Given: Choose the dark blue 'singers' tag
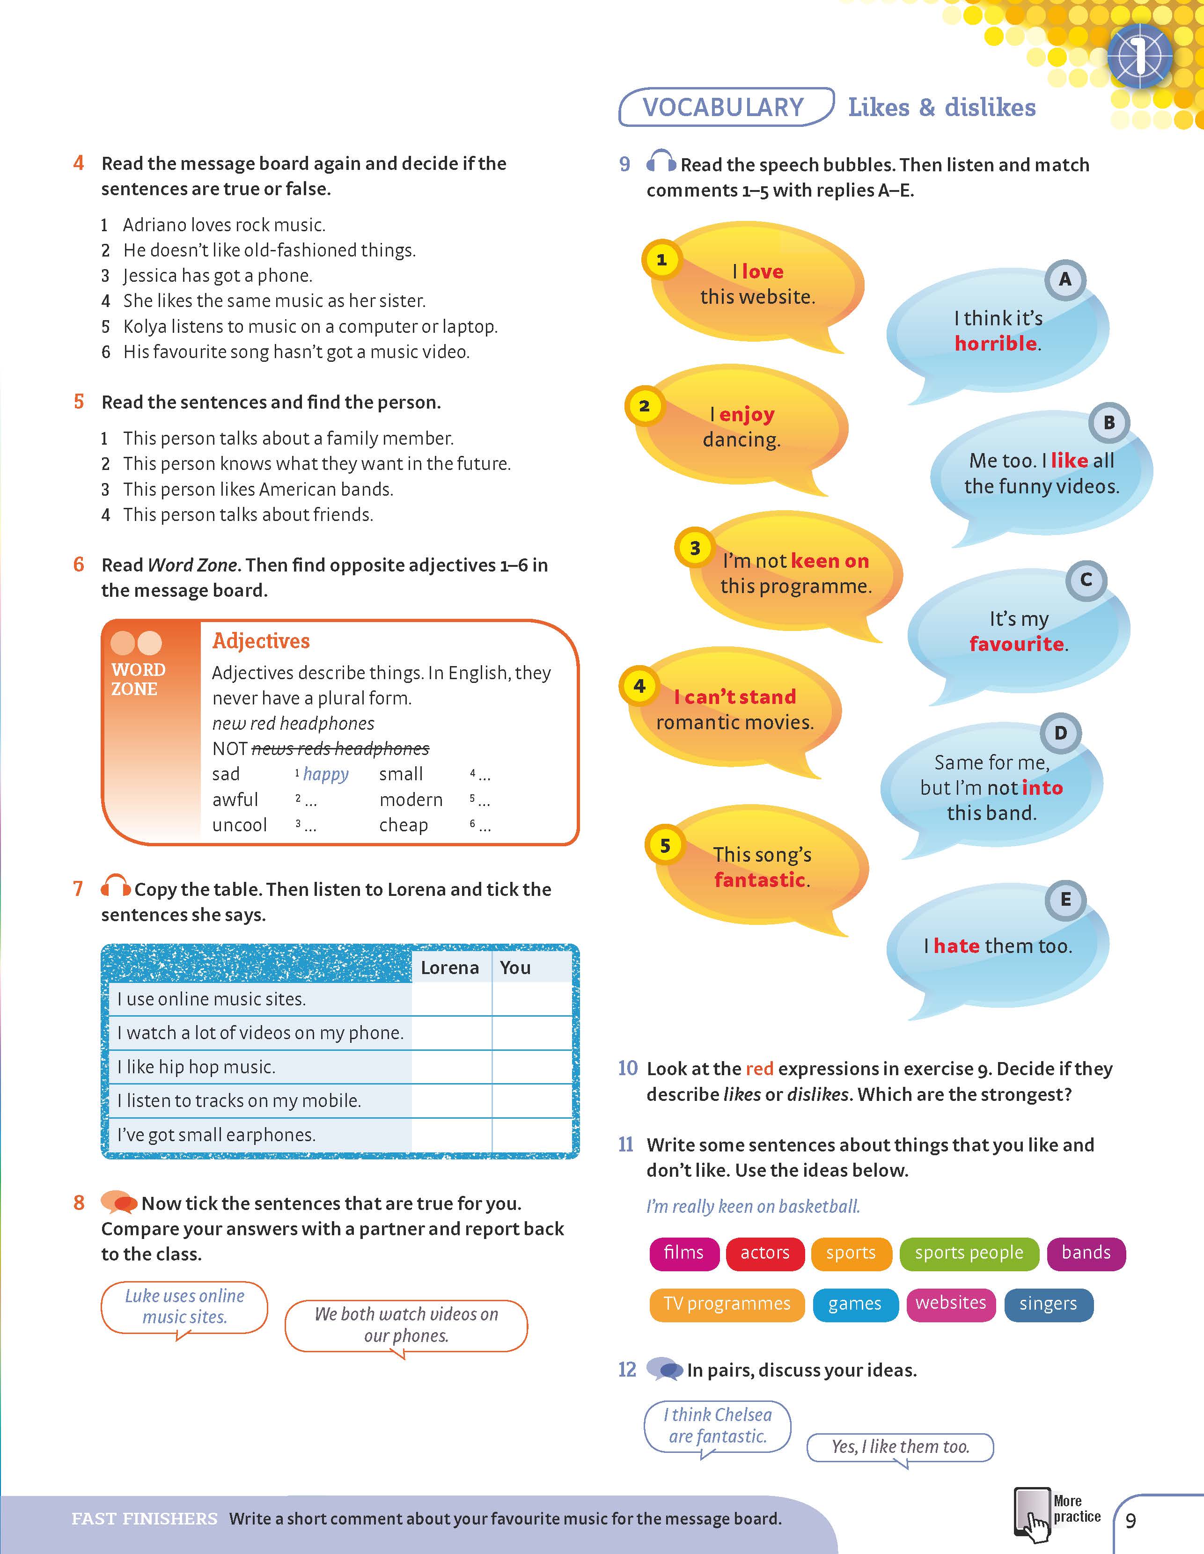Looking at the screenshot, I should pyautogui.click(x=1048, y=1304).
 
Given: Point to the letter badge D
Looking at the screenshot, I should pyautogui.click(x=1060, y=733).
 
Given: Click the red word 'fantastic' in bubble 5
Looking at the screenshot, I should pyautogui.click(x=760, y=880).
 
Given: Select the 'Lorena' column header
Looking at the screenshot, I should pyautogui.click(x=450, y=968).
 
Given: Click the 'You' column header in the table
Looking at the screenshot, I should pyautogui.click(x=515, y=968).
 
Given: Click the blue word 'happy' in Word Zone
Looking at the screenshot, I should pyautogui.click(x=325, y=774).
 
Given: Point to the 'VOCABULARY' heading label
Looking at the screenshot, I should pyautogui.click(x=723, y=108).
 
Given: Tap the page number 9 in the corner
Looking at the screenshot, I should pyautogui.click(x=1131, y=1521).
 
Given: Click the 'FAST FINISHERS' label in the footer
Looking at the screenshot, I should pyautogui.click(x=145, y=1518).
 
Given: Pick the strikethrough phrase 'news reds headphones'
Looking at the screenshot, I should pyautogui.click(x=340, y=748).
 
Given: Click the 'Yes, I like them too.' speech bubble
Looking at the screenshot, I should pyautogui.click(x=900, y=1446).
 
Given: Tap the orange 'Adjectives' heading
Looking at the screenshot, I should pyautogui.click(x=261, y=641).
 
